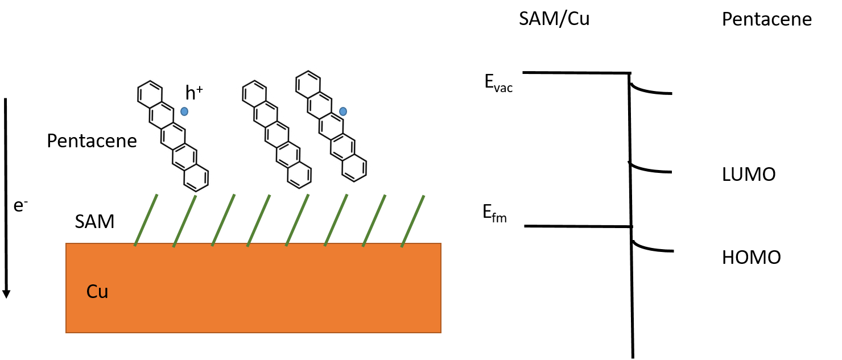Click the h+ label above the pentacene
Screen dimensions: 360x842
(194, 93)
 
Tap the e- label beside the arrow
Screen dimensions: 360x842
(21, 207)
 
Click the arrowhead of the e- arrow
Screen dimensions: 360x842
(6, 293)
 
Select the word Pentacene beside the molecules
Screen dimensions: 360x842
(92, 140)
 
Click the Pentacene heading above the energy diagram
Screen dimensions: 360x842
(766, 20)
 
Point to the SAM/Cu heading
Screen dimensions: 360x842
(554, 19)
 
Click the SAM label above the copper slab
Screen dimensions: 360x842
(94, 222)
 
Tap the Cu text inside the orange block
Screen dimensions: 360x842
(97, 292)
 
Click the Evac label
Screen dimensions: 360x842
(498, 83)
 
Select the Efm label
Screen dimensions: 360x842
(493, 216)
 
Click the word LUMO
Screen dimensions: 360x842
(748, 175)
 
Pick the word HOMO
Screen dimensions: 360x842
(751, 258)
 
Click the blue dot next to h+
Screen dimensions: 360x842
(184, 111)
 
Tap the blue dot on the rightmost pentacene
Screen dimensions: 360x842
(342, 111)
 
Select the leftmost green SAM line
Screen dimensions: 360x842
(146, 220)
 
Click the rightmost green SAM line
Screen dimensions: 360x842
(412, 221)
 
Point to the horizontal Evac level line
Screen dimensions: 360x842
(575, 73)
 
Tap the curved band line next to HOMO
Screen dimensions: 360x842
(651, 249)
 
